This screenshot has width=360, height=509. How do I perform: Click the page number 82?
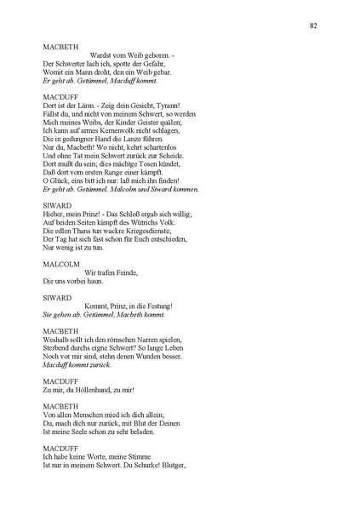tap(314, 26)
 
